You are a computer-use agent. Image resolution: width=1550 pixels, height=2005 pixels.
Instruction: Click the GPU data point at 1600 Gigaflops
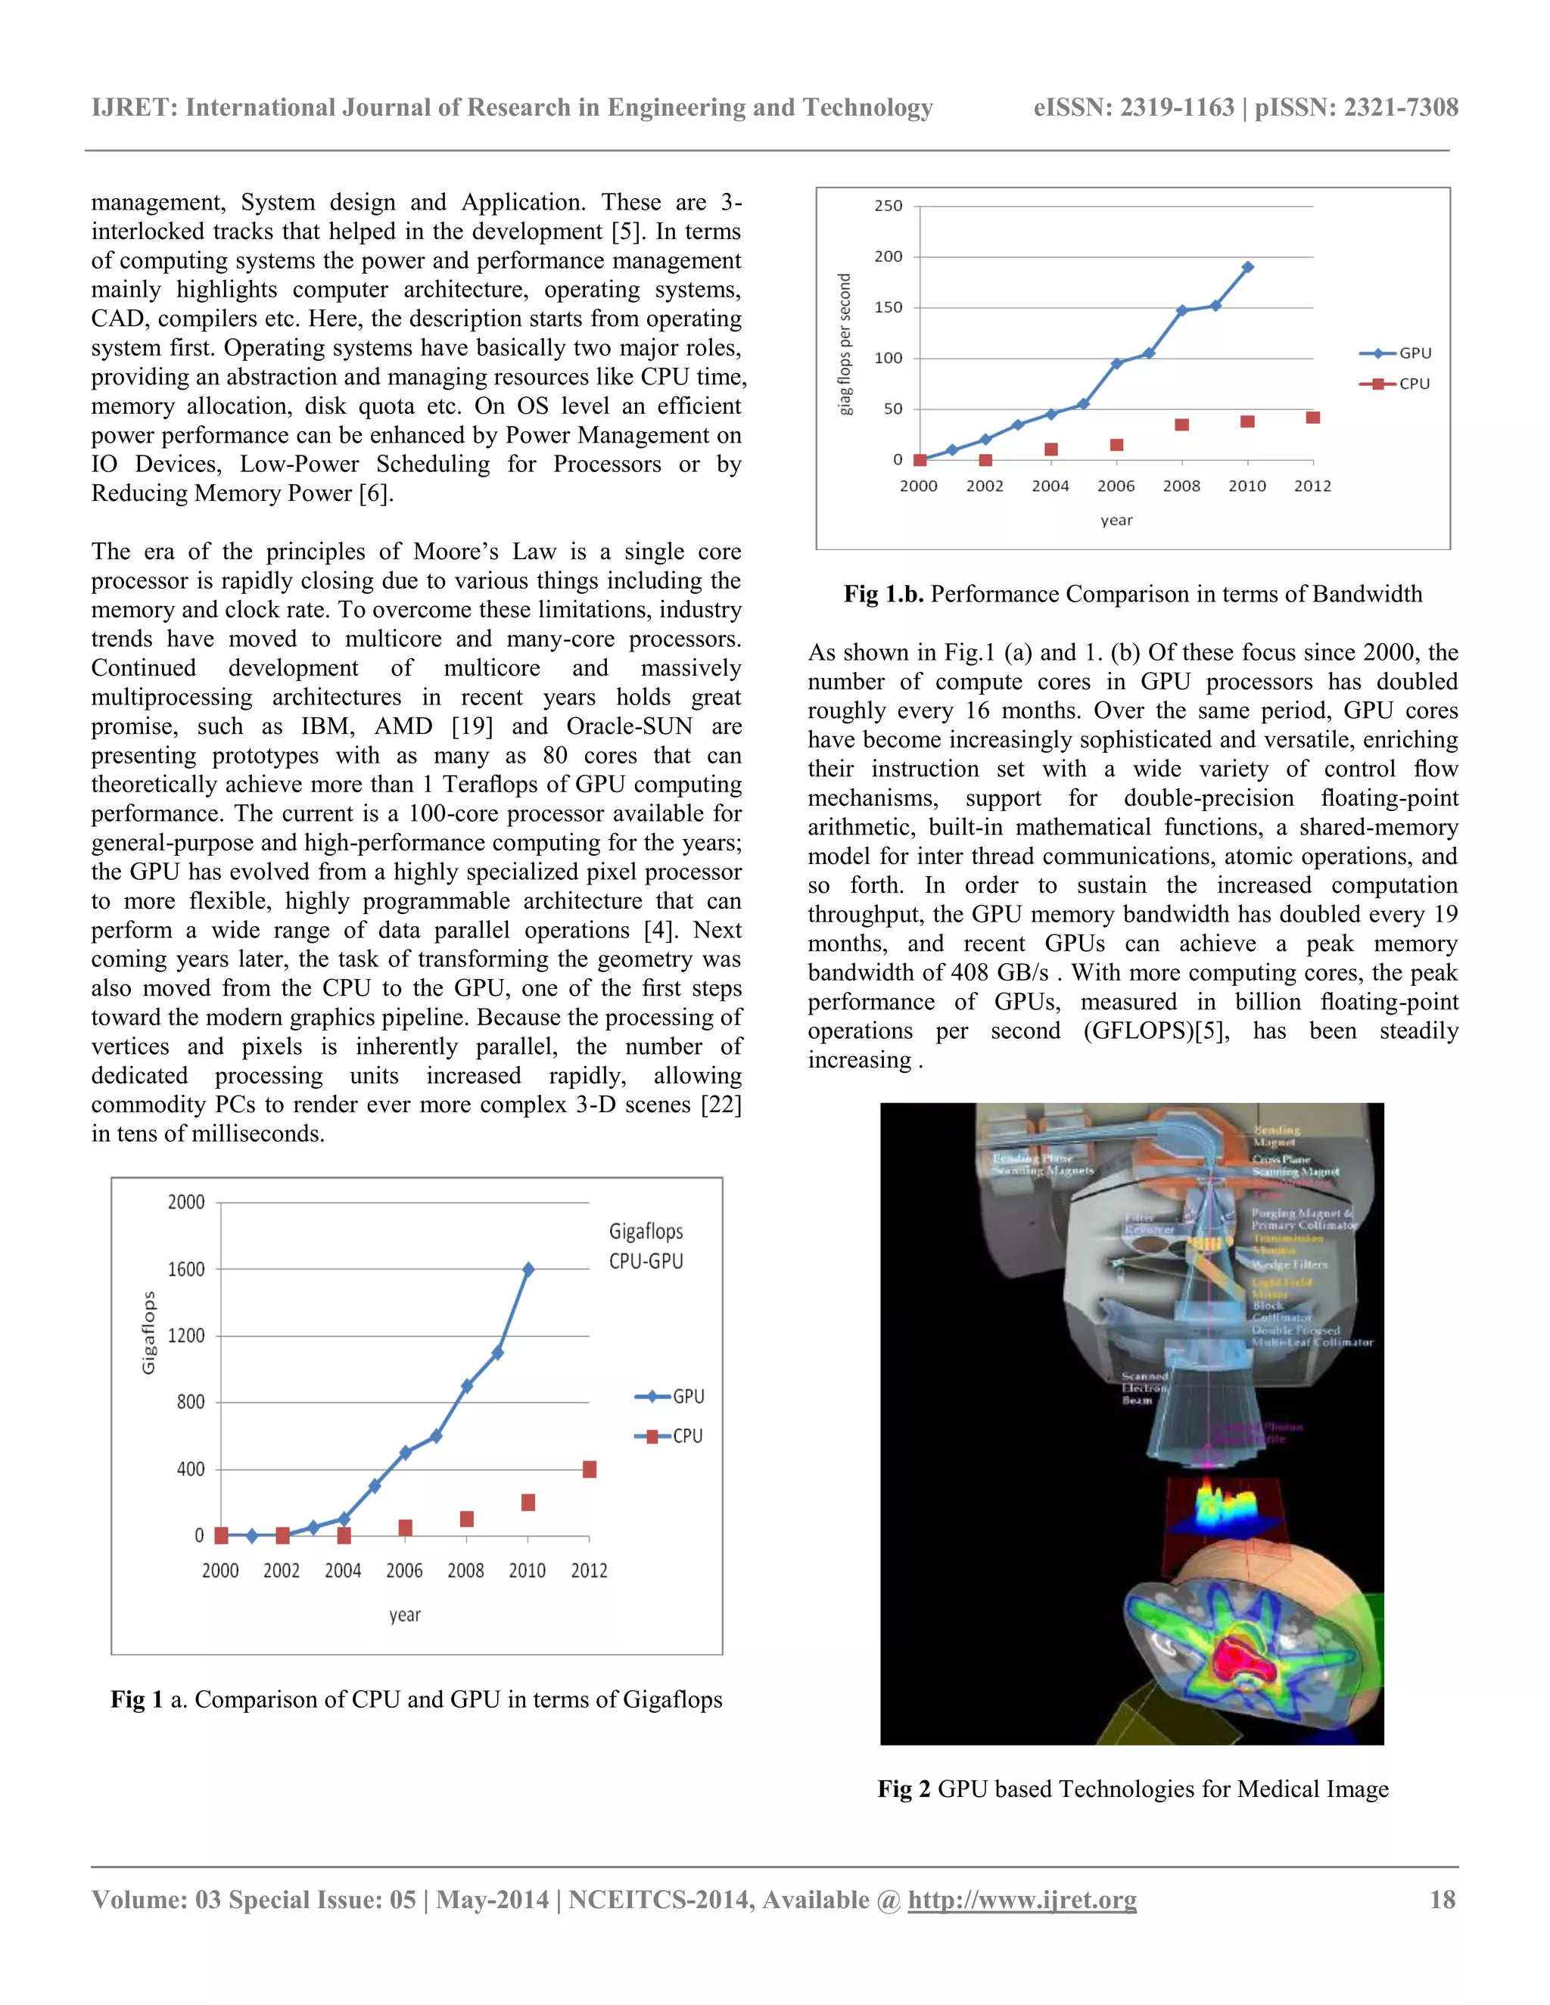[x=528, y=1269]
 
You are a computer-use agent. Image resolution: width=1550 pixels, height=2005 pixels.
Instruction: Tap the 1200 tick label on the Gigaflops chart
[x=186, y=1335]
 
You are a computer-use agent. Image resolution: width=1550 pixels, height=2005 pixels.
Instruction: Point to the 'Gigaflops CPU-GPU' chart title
[x=646, y=1246]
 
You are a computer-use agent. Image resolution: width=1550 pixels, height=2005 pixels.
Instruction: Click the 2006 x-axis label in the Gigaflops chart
[x=404, y=1571]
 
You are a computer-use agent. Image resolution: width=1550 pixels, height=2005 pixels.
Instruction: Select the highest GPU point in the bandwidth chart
[x=1247, y=267]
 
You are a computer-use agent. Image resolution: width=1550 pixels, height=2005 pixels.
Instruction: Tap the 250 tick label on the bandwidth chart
[x=888, y=206]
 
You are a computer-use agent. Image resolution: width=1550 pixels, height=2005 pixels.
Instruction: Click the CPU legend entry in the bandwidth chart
[x=1396, y=384]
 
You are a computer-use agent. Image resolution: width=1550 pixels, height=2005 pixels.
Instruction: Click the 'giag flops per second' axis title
[x=845, y=344]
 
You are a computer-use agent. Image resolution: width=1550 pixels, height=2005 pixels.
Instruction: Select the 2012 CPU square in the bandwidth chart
[x=1313, y=418]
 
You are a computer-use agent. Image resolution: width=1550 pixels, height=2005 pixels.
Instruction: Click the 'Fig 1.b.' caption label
[x=883, y=594]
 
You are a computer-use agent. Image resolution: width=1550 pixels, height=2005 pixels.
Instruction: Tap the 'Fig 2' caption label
[x=904, y=1789]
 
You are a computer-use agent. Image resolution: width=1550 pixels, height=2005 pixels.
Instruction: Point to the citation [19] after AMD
[x=472, y=726]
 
